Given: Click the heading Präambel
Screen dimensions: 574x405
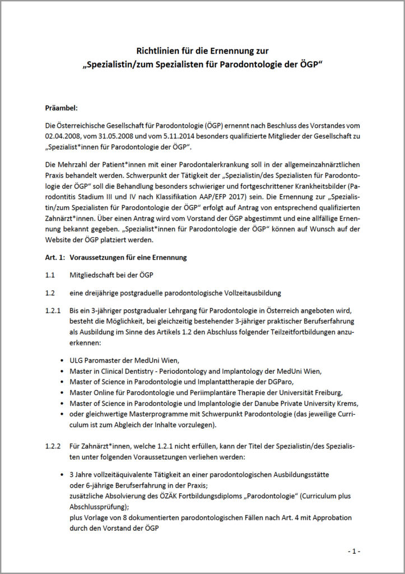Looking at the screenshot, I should pyautogui.click(x=62, y=107).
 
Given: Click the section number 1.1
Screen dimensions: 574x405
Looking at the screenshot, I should pyautogui.click(x=50, y=275).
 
